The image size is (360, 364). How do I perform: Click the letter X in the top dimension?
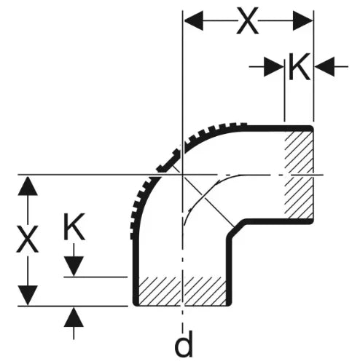[x=247, y=20]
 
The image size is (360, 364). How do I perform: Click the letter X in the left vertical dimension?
[x=28, y=239]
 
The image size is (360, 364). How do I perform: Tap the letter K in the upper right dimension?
[x=300, y=66]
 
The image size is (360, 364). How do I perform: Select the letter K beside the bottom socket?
[x=74, y=226]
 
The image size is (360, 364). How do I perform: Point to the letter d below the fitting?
[x=184, y=344]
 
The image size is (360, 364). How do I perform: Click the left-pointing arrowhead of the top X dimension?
[x=194, y=20]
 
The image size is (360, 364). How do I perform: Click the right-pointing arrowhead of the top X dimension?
[x=302, y=20]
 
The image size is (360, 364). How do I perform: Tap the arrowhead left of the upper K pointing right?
[x=274, y=66]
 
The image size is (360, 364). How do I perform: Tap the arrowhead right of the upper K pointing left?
[x=325, y=66]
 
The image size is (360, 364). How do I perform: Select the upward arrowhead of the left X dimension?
[x=28, y=186]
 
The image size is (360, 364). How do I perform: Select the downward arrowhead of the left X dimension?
[x=28, y=296]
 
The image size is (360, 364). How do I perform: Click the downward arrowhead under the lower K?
[x=74, y=266]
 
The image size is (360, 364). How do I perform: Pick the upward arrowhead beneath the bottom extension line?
[x=74, y=317]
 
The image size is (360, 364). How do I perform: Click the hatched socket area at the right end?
[x=299, y=174]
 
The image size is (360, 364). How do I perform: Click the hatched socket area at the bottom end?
[x=182, y=290]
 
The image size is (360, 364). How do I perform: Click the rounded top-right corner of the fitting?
[x=310, y=128]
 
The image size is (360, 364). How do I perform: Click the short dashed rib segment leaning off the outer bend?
[x=168, y=162]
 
